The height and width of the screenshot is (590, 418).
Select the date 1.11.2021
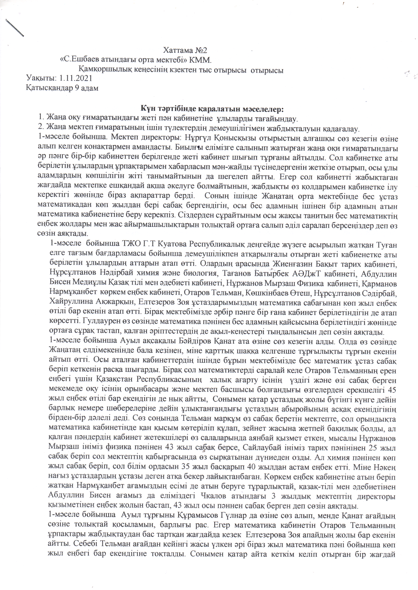(x=76, y=78)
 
